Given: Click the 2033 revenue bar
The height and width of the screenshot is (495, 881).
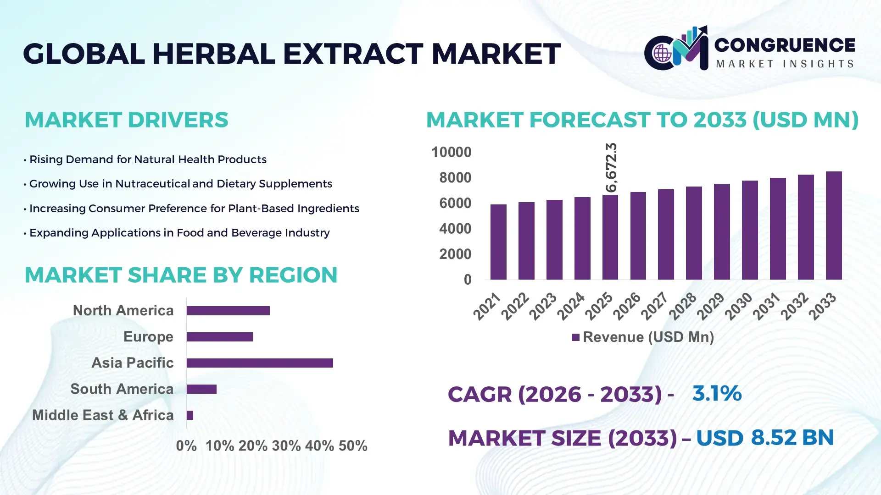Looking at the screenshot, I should coord(834,225).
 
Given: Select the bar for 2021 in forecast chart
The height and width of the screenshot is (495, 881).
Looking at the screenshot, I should coord(498,242).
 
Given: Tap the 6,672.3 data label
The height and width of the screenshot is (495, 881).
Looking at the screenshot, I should coord(611,167).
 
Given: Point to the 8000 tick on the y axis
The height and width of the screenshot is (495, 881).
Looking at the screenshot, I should coord(455,178).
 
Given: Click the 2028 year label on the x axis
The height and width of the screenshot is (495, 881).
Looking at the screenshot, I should coord(683,306).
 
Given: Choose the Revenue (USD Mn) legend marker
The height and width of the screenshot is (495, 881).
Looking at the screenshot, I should coord(575,338).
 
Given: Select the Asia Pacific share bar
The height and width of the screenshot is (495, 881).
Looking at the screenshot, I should coord(260,363).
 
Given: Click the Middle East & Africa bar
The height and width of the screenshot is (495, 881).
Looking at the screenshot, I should coord(190,415).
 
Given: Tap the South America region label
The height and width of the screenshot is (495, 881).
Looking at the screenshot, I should coord(122,389).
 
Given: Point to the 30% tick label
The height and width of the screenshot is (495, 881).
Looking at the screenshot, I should coord(286,446).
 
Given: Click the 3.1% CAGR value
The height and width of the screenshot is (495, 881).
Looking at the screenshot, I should coord(717,393).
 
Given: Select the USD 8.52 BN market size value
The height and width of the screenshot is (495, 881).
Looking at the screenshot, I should coord(764,438).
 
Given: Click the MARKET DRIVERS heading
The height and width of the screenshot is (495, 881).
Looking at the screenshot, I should coord(126,120).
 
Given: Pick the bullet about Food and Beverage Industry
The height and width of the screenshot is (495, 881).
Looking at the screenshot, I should coord(179,233).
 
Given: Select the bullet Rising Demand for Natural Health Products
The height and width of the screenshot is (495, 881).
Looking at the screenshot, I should coord(147,159).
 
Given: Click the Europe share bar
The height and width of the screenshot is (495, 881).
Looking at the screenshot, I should coord(220,337).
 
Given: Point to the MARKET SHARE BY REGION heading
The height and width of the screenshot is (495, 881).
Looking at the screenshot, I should coord(181,275).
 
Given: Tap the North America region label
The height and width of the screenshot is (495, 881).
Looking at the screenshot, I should coord(123,311).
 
